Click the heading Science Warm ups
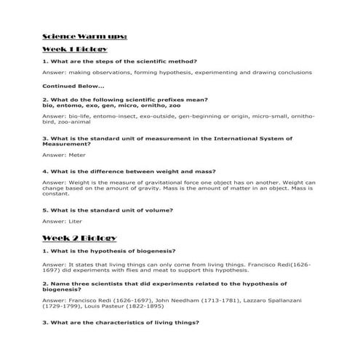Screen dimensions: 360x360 (85, 36)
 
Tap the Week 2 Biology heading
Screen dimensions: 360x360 (80, 238)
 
